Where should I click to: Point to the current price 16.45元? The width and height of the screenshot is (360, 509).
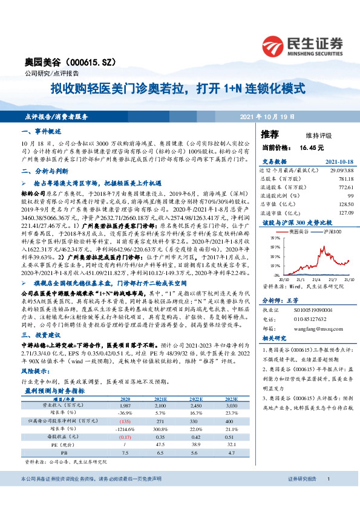point(311,147)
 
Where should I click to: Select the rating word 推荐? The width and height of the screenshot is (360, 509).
point(269,134)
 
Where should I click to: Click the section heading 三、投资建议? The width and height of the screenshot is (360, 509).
point(40,334)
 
